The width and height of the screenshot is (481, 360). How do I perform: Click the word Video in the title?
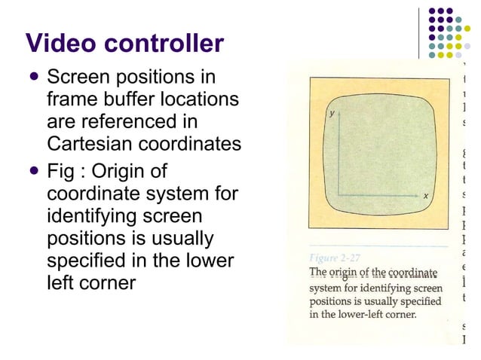pos(61,43)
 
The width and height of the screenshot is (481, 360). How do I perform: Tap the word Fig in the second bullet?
pos(60,171)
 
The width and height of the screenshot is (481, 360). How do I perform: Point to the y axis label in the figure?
pos(331,113)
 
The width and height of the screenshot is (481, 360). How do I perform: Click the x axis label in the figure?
pos(425,197)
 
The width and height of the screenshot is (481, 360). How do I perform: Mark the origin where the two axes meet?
pos(338,195)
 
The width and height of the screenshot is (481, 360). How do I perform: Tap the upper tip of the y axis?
pos(338,111)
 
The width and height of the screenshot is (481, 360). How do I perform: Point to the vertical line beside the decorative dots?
pos(420,30)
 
